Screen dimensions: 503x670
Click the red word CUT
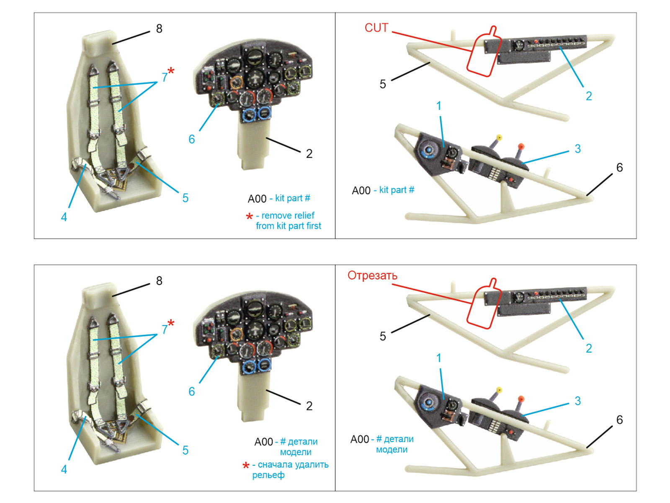coord(376,28)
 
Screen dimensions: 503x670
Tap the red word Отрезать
coord(372,276)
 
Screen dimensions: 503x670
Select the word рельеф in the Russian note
coord(268,475)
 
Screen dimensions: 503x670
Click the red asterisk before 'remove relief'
coord(249,216)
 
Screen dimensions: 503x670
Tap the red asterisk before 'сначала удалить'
coord(246,465)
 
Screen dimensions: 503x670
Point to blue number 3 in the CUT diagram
coord(577,149)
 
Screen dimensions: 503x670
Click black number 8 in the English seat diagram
coord(159,29)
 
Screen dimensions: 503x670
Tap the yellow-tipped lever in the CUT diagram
coord(499,137)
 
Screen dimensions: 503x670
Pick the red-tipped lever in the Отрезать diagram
coord(521,399)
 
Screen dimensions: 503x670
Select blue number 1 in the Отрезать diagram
coord(438,358)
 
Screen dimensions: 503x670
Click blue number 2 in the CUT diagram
coord(588,96)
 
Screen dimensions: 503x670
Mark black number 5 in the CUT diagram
coord(382,84)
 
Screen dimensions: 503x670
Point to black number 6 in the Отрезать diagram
coord(619,420)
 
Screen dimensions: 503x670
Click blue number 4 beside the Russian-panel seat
coord(64,469)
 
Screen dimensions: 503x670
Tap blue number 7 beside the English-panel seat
coord(165,77)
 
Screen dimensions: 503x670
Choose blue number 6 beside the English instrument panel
coord(191,139)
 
